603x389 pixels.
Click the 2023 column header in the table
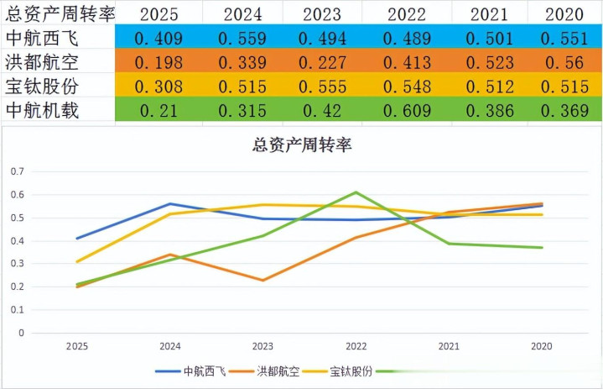click(322, 13)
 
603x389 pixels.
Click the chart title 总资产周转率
click(302, 144)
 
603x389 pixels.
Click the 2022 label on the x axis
click(356, 345)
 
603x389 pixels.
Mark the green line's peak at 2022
click(356, 192)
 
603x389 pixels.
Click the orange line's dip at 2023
click(263, 281)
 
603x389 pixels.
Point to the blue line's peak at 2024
click(170, 203)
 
